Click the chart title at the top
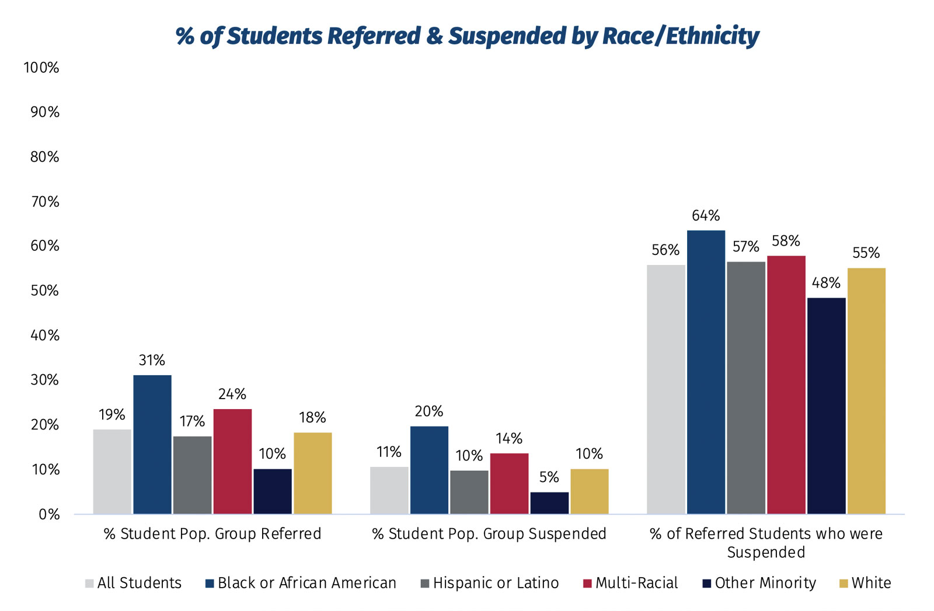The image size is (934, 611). point(467,36)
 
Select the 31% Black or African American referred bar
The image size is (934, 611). point(152,444)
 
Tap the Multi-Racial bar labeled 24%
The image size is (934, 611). point(232,461)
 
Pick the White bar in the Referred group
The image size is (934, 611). point(312,473)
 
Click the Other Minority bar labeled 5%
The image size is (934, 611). point(549,503)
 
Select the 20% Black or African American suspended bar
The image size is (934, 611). point(429,470)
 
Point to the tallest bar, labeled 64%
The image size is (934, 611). point(706,372)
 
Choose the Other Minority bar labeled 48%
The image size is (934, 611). point(826,406)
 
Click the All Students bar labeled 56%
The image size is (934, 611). point(666,389)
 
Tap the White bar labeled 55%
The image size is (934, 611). point(866,391)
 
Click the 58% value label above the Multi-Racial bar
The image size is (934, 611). point(786,241)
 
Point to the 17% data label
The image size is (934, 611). point(192,421)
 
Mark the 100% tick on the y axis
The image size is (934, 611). point(41,68)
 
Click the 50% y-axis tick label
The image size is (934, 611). point(44,291)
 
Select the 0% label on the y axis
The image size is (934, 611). point(49,514)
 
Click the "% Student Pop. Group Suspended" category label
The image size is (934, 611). point(489,534)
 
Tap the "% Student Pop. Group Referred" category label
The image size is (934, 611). point(212,534)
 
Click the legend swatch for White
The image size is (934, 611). point(843,583)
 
